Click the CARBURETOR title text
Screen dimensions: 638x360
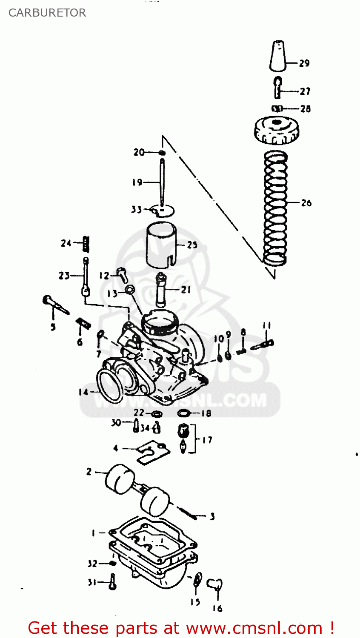pyautogui.click(x=47, y=13)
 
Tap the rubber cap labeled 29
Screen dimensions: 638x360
pyautogui.click(x=277, y=56)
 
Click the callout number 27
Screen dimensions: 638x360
pyautogui.click(x=305, y=91)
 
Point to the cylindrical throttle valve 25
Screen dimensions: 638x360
pyautogui.click(x=161, y=245)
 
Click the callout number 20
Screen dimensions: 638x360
pyautogui.click(x=139, y=152)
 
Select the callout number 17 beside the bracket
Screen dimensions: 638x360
pyautogui.click(x=207, y=440)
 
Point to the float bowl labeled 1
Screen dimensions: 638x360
pyautogui.click(x=153, y=549)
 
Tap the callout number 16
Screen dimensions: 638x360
pyautogui.click(x=217, y=609)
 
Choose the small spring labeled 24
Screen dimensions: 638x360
pyautogui.click(x=86, y=244)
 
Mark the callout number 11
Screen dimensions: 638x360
pyautogui.click(x=266, y=326)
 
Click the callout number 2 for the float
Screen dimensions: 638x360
pyautogui.click(x=89, y=472)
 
